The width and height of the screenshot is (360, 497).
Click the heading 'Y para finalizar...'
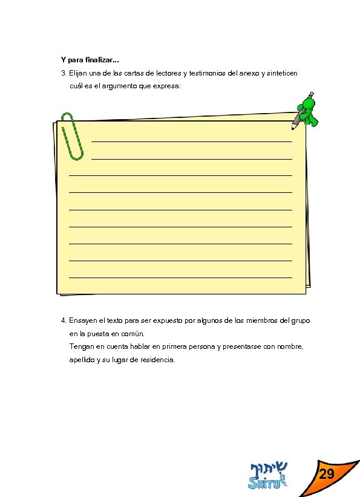click(90, 60)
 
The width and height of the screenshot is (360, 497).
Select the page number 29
click(327, 474)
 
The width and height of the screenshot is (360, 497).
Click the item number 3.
click(63, 73)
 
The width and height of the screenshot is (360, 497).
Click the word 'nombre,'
click(290, 347)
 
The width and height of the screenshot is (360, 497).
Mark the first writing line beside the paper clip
click(192, 141)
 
